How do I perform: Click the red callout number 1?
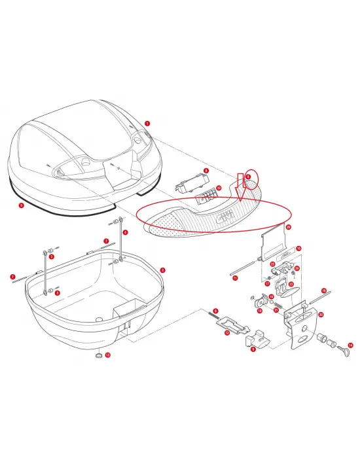pos(147,122)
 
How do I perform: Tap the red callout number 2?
pos(163,270)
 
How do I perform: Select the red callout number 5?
pos(22,205)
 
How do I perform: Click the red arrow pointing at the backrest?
pos(242,186)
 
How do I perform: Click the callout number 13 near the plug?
pos(108,355)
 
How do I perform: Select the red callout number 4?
pos(126,232)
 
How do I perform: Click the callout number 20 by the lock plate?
pos(321,314)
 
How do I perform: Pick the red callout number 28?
pos(289,226)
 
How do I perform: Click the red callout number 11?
pos(235,277)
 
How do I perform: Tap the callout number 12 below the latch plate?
pos(227,333)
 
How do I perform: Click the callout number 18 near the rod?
pos(323,290)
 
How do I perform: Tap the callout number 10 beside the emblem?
pos(219,188)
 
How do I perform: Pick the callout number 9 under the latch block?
pos(253,349)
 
